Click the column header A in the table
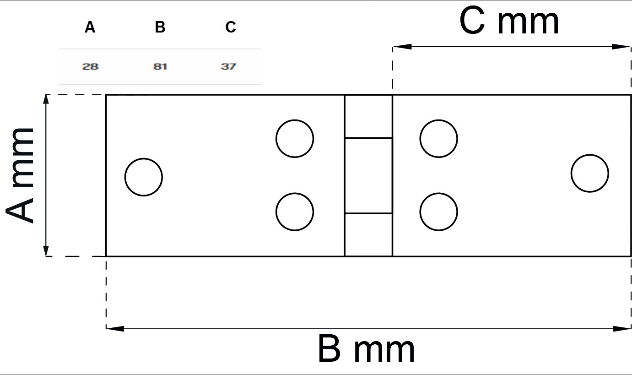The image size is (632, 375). [x=90, y=27]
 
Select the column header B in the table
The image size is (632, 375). [x=160, y=27]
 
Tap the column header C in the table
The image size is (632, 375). [x=231, y=27]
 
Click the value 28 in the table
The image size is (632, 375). [x=90, y=67]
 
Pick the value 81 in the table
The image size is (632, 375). [x=160, y=67]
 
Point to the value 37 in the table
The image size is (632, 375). [x=228, y=67]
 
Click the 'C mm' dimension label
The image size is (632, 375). [x=509, y=21]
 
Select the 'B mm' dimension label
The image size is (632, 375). [x=366, y=348]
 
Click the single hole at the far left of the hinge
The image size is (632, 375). [x=144, y=177]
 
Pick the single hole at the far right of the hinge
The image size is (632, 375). [x=590, y=174]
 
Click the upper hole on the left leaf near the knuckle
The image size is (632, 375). [x=295, y=139]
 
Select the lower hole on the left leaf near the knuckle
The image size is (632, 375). [x=295, y=212]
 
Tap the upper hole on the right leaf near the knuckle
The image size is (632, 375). [x=438, y=139]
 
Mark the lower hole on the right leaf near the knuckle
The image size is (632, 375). [x=438, y=212]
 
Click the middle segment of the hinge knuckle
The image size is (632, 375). [x=368, y=176]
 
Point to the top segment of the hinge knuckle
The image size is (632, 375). [x=368, y=116]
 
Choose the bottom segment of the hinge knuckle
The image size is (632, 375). [x=368, y=235]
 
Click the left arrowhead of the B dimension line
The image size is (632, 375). [x=115, y=329]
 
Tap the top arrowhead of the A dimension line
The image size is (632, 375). [x=46, y=103]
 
